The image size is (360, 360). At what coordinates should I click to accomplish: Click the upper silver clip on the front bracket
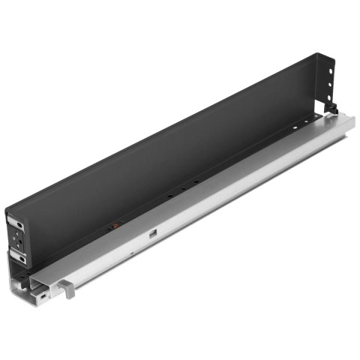click(x=16, y=222)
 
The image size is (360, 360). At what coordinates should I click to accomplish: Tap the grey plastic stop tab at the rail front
click(x=67, y=289)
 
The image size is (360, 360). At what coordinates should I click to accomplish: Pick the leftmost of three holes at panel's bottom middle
click(x=169, y=196)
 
